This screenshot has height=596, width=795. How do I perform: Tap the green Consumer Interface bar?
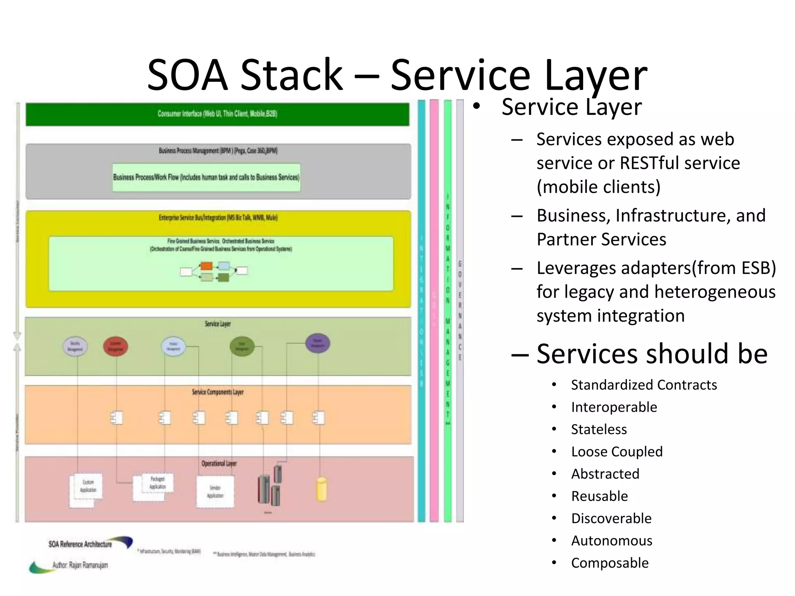217,114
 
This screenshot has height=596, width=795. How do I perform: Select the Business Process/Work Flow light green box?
206,177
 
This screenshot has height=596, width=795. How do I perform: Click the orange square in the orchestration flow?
207,266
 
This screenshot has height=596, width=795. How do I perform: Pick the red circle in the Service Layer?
115,347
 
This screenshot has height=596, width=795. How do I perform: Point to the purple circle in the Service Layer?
318,343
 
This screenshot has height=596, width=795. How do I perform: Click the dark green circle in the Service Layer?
242,346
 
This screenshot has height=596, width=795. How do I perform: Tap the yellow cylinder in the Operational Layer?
322,489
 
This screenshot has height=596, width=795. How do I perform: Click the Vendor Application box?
215,492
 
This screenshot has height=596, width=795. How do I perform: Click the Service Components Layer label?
217,392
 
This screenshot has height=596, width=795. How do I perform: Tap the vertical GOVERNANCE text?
460,310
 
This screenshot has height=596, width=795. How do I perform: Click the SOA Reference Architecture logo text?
80,544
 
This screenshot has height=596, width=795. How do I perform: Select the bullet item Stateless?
599,430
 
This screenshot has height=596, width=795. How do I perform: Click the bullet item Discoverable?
611,518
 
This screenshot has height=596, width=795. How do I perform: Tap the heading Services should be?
652,354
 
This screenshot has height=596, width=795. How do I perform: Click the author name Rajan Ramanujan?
88,565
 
